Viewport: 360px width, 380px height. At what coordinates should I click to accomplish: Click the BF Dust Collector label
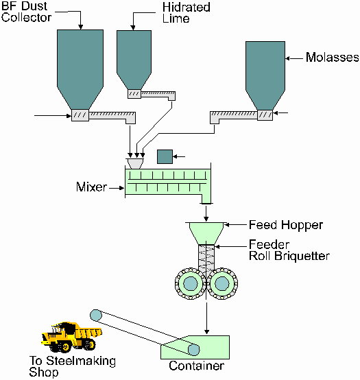pyautogui.click(x=26, y=12)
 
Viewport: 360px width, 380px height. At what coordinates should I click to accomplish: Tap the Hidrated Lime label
pyautogui.click(x=186, y=13)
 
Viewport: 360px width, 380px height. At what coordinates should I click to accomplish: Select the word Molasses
pyautogui.click(x=332, y=58)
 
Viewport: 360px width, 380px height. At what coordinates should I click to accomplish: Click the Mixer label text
pyautogui.click(x=91, y=187)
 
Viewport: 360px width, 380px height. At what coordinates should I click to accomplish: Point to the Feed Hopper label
pyautogui.click(x=286, y=225)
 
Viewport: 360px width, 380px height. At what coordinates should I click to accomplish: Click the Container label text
pyautogui.click(x=196, y=366)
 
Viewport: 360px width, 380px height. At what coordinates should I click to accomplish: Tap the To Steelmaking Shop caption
pyautogui.click(x=72, y=366)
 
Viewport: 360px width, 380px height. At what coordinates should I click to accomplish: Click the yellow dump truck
pyautogui.click(x=72, y=337)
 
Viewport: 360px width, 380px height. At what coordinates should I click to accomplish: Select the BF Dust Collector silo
pyautogui.click(x=80, y=69)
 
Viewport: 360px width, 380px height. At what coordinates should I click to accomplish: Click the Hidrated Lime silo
pyautogui.click(x=134, y=60)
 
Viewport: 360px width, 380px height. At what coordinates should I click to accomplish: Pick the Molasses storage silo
pyautogui.click(x=265, y=75)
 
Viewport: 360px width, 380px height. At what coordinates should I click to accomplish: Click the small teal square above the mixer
pyautogui.click(x=165, y=157)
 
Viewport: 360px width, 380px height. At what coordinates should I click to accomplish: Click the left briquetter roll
pyautogui.click(x=191, y=283)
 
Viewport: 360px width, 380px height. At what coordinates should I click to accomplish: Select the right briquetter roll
pyautogui.click(x=222, y=283)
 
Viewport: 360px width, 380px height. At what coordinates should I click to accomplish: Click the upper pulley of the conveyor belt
pyautogui.click(x=96, y=316)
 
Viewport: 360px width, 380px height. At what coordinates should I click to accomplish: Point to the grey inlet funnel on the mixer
pyautogui.click(x=134, y=163)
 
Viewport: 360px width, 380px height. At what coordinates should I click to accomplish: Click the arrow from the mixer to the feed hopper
pyautogui.click(x=206, y=213)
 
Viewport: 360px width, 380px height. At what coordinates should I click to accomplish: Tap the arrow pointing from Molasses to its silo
pyautogui.click(x=294, y=58)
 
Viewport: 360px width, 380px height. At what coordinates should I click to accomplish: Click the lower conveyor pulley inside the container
pyautogui.click(x=194, y=350)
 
